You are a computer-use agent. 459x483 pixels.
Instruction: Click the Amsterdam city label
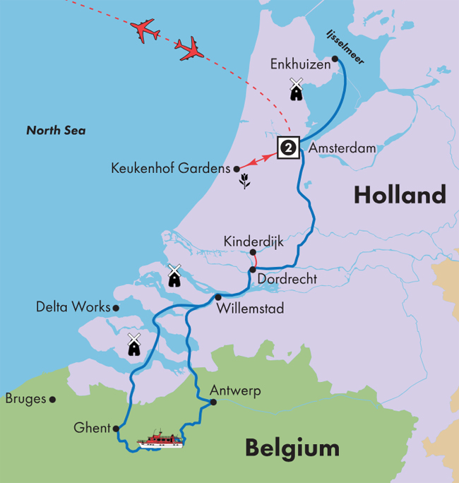[x=342, y=149]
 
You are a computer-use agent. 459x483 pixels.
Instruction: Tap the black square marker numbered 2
[x=288, y=147]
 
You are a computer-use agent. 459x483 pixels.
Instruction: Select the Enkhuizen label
[x=299, y=64]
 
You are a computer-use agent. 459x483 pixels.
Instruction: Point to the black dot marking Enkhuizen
[x=335, y=59]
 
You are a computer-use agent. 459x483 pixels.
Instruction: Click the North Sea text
[x=56, y=131]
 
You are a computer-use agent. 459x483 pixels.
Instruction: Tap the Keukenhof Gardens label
[x=171, y=169]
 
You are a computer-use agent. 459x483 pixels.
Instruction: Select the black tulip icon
[x=244, y=181]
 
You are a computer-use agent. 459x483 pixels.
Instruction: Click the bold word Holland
[x=400, y=195]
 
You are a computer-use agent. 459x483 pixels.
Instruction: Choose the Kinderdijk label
[x=253, y=241]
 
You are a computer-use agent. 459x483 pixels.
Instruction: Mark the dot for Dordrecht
[x=252, y=270]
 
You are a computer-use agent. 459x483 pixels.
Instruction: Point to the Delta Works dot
[x=116, y=307]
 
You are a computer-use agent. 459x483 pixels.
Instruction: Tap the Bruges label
[x=25, y=399]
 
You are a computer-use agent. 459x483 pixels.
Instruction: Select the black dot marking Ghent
[x=116, y=428]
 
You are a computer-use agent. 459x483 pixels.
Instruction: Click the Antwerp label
[x=235, y=390]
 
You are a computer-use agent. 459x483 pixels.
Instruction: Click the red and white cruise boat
[x=160, y=441]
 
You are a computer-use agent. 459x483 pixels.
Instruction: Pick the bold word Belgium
[x=292, y=448]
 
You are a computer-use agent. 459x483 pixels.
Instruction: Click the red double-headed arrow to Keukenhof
[x=257, y=158]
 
